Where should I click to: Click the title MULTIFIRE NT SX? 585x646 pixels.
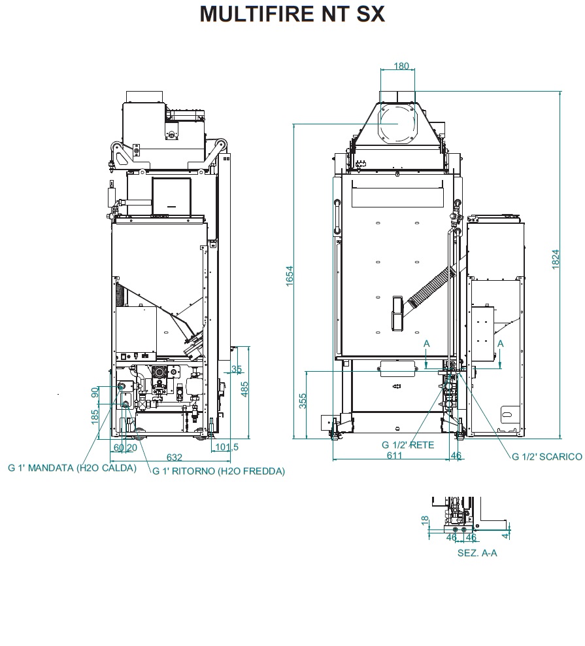coord(292,14)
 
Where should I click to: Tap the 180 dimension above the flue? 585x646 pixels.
coord(401,66)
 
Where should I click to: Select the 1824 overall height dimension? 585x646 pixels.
coord(556,260)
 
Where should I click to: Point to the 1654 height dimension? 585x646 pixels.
coord(290,276)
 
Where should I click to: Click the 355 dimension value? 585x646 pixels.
coord(303,401)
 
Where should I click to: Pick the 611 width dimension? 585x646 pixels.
coord(394,456)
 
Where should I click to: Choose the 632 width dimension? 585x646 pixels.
coord(174,458)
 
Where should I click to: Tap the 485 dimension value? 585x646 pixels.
coord(244,389)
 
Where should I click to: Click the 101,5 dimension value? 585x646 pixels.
coord(227,447)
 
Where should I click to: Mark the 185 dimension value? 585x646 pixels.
coord(95,417)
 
